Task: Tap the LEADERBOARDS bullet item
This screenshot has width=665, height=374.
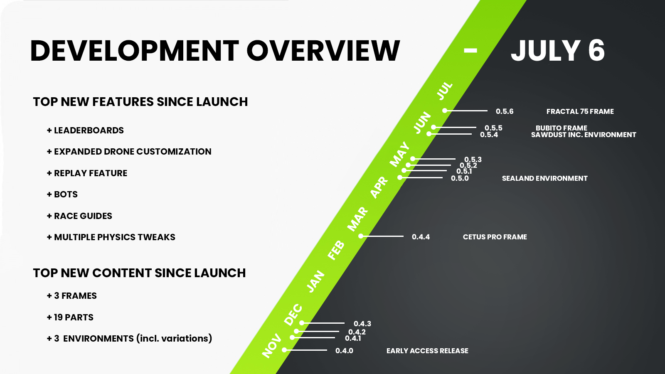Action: (85, 130)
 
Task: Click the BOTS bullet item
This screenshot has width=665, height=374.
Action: (62, 194)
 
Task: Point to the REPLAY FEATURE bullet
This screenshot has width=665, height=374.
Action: (87, 173)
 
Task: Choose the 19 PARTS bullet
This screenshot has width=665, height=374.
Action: (70, 317)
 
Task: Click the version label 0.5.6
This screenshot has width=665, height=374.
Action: (505, 111)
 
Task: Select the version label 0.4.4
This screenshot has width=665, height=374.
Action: (421, 237)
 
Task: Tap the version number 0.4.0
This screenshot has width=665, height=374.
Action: (345, 351)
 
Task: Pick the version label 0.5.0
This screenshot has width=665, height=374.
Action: (460, 178)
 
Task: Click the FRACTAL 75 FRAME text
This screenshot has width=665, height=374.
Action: (580, 111)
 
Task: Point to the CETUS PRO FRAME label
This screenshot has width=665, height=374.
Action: (495, 237)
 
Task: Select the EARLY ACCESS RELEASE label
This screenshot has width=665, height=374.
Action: (427, 351)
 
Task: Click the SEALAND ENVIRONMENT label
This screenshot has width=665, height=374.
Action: (545, 178)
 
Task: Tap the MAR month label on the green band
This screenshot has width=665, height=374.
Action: (358, 219)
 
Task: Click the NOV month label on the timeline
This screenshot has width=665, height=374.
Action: (272, 345)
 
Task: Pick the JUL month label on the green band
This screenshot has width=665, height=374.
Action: (444, 91)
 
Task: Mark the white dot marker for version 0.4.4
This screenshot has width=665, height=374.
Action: (361, 236)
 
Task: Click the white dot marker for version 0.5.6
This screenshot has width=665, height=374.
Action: (445, 111)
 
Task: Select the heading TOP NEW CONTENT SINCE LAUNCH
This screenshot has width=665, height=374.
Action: (139, 273)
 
